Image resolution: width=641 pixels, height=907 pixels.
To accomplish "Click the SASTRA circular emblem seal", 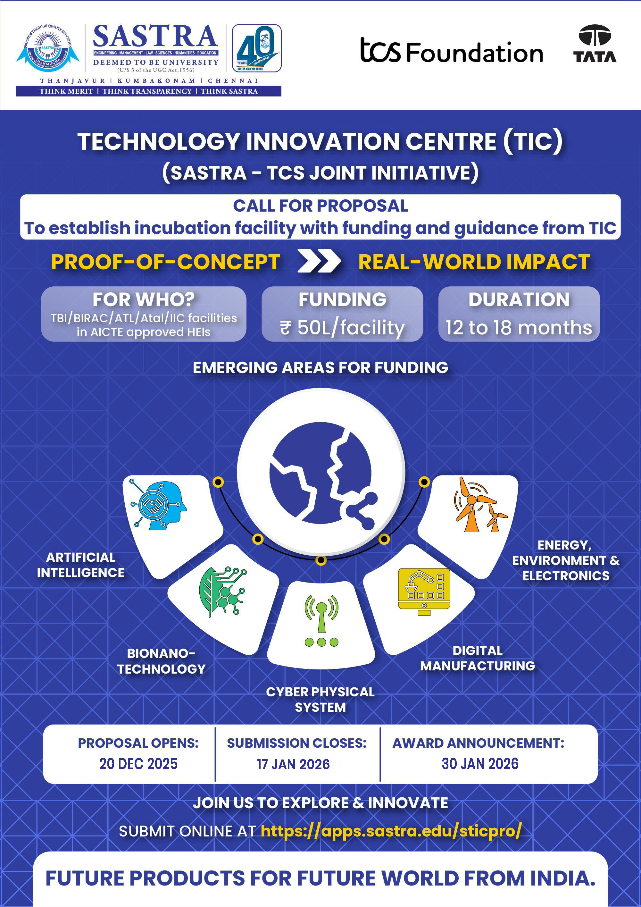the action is tap(48, 49).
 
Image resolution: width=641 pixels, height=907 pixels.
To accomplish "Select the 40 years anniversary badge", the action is tap(256, 48).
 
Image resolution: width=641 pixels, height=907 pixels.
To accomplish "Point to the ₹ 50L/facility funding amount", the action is tap(342, 327).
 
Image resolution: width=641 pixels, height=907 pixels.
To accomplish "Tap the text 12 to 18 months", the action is tap(519, 327).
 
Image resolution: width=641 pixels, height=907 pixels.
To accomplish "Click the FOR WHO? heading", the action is tap(144, 299).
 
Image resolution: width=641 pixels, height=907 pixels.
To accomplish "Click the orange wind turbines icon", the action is tap(480, 504).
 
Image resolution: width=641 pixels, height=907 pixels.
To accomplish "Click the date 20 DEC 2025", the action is tap(139, 764).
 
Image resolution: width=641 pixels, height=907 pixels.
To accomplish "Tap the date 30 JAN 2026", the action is tap(480, 764).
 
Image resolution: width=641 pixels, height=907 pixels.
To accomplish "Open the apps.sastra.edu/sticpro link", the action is tap(391, 831).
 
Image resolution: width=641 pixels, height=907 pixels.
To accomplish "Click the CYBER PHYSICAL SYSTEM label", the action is tap(320, 699).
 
